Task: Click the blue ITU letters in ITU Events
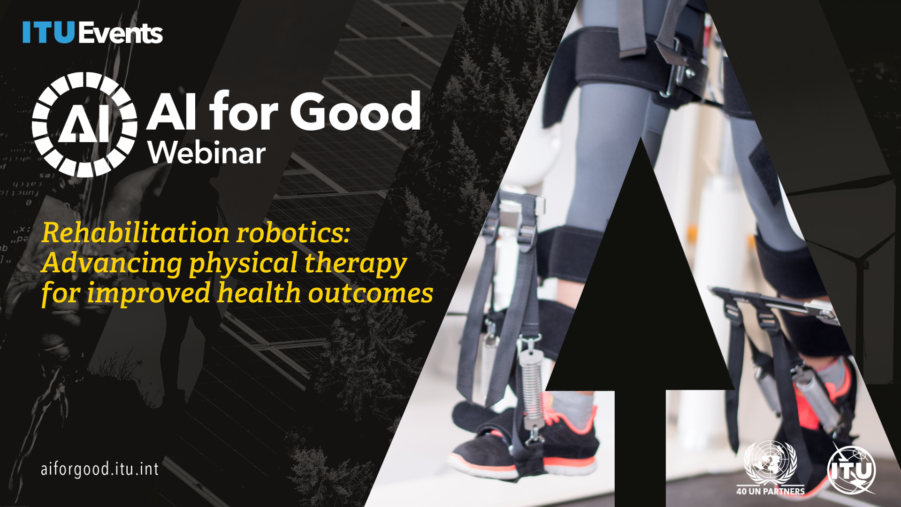click(x=48, y=33)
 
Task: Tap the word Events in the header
click(x=121, y=33)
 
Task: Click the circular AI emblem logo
click(x=84, y=124)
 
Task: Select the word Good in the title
click(x=355, y=112)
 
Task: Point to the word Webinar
click(x=206, y=153)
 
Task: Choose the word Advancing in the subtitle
click(x=112, y=263)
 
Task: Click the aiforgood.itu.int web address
click(x=99, y=469)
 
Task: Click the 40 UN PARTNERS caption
click(x=770, y=492)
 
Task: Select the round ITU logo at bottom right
click(x=851, y=470)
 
